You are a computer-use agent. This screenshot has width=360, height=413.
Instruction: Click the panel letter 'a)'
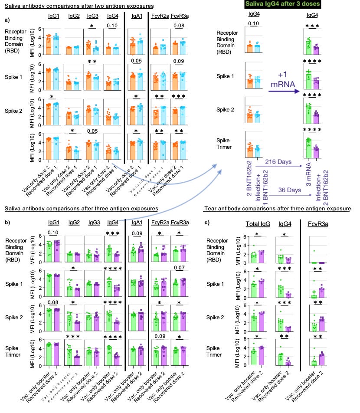[x=7, y=20]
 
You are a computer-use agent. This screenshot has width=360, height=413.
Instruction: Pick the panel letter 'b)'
[x=7, y=223]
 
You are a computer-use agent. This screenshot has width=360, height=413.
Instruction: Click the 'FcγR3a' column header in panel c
[x=319, y=224]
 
